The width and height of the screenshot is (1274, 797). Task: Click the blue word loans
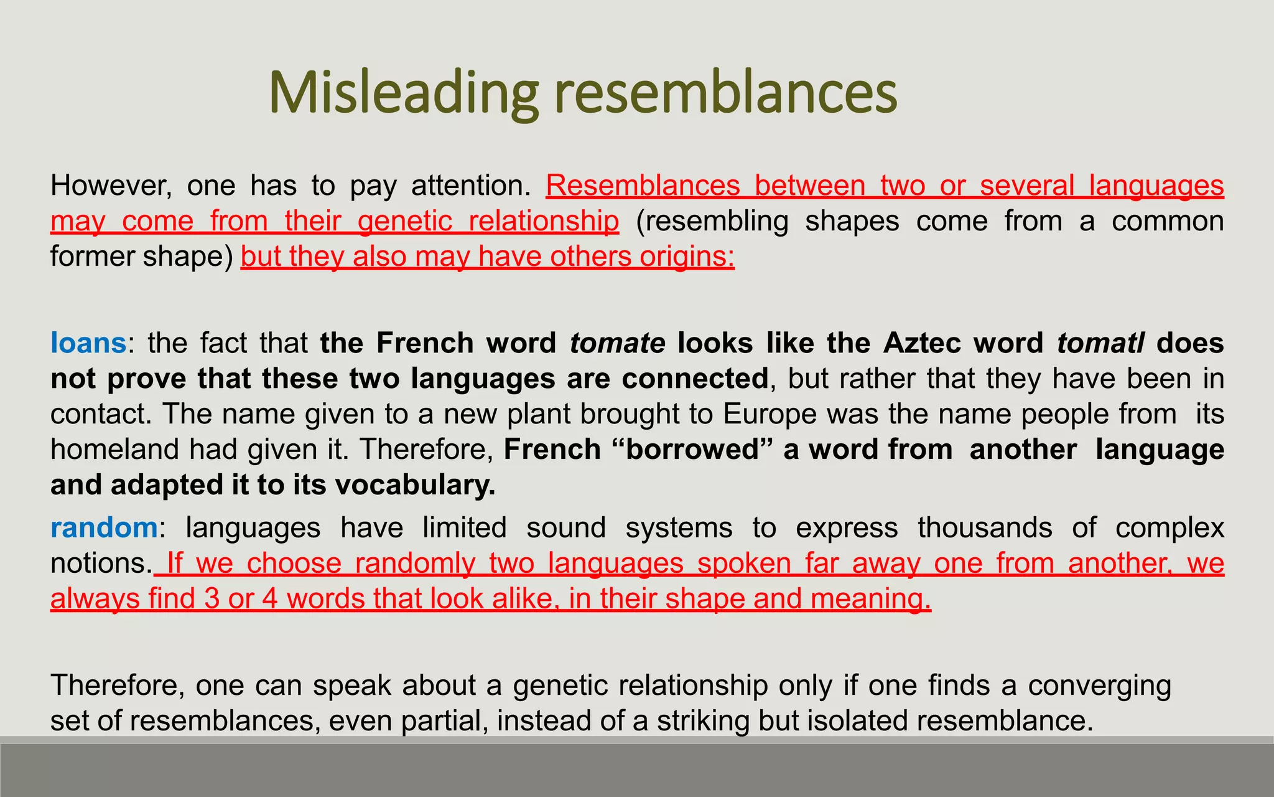pos(88,343)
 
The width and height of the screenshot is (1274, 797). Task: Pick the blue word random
pos(104,528)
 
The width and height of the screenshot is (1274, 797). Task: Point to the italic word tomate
pos(617,343)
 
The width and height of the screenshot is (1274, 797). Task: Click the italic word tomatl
pos(1100,343)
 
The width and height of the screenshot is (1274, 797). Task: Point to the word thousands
pos(985,528)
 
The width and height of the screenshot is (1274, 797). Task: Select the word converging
pos(1099,686)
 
